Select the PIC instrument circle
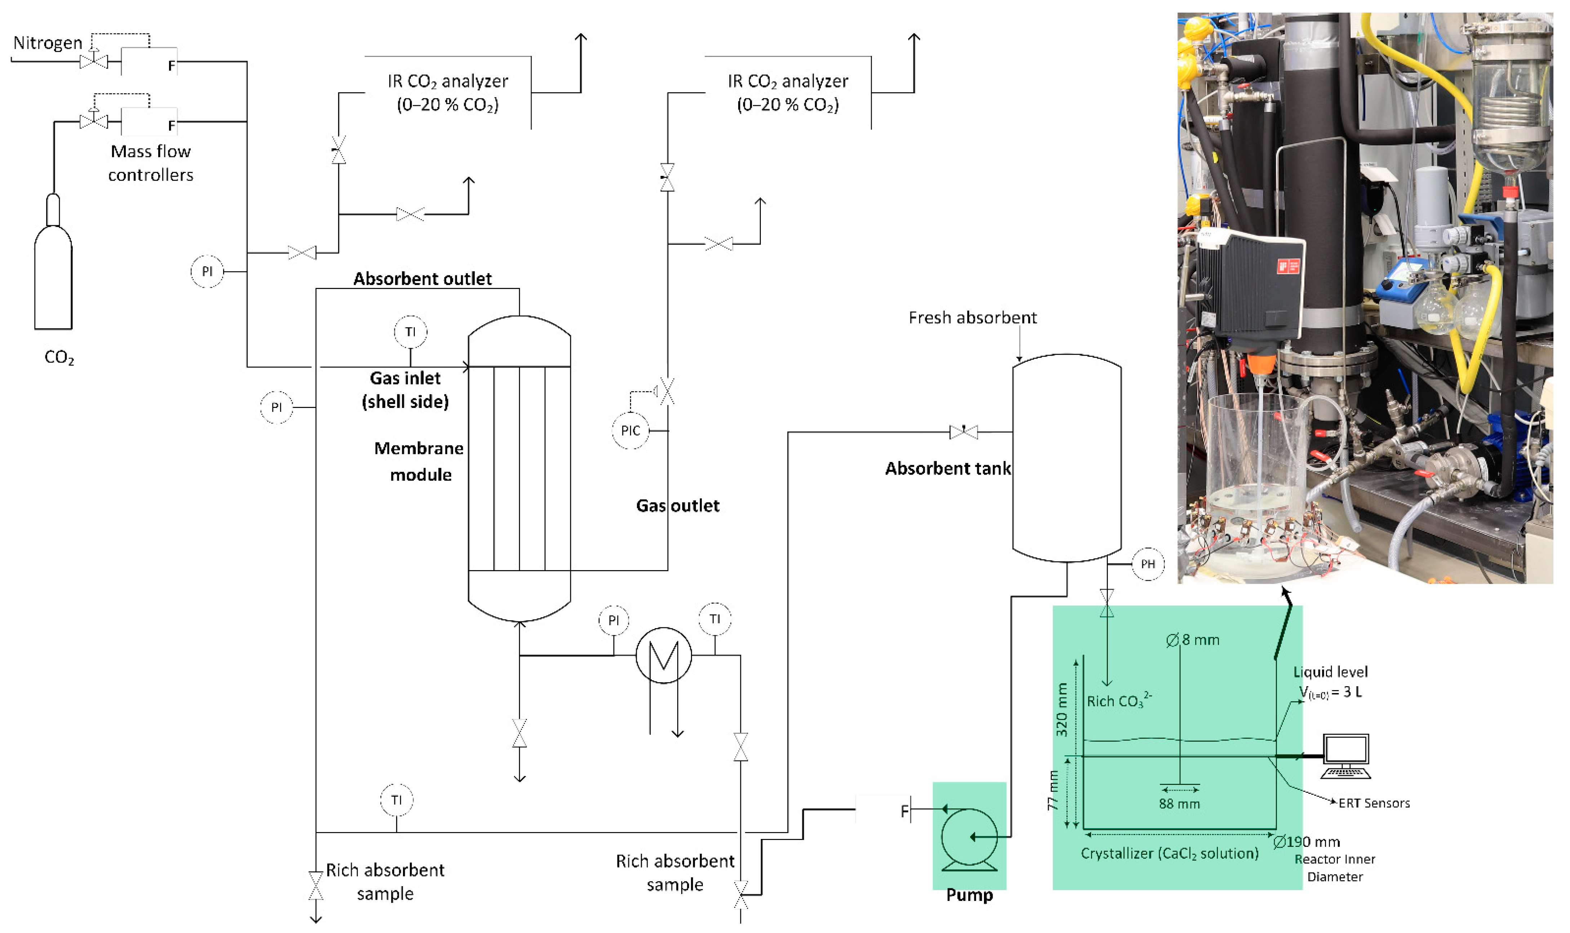630,431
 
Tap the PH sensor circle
1148,564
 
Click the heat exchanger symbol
663,655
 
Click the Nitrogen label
48,43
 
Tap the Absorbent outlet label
422,279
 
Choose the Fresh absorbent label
972,317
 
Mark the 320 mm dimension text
1061,709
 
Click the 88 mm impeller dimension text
1179,804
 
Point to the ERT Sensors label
1374,803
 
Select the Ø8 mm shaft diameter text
1192,640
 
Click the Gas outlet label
677,506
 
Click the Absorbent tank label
948,468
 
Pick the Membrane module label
419,461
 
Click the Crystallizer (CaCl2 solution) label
1170,853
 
